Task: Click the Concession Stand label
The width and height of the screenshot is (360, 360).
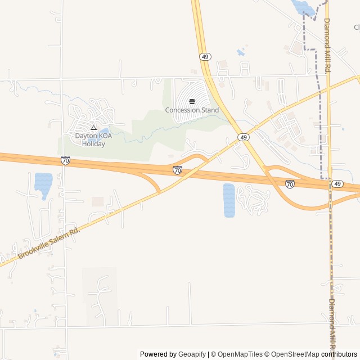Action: point(192,110)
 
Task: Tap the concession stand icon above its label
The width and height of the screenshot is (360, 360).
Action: point(192,101)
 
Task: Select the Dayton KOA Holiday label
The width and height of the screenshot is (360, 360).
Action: point(93,139)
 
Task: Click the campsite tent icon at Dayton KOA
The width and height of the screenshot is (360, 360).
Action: point(93,128)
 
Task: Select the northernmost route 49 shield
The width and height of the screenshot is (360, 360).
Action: point(205,57)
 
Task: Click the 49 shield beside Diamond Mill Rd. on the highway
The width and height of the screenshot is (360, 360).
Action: point(337,184)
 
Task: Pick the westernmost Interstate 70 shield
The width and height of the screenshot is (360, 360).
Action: point(66,161)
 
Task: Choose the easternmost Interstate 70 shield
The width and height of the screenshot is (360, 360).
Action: point(290,184)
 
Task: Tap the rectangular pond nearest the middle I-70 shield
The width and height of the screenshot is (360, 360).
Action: point(228,200)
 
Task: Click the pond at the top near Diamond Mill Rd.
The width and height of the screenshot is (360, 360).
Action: point(303,7)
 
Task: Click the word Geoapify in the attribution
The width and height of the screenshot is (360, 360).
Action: point(192,354)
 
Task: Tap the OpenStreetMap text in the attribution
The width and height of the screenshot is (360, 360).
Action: point(293,354)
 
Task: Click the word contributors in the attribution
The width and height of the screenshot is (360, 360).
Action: point(339,354)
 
